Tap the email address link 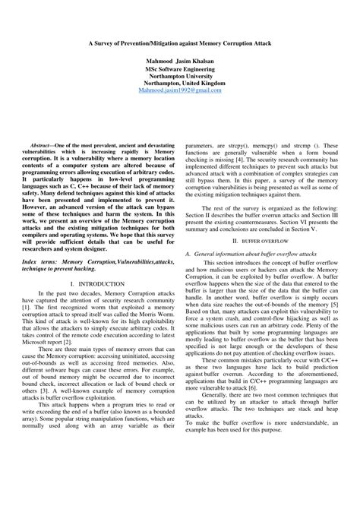tap(180, 90)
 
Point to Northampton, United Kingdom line tap(180, 83)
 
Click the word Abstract tap(39, 144)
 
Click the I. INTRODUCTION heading tap(95, 283)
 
